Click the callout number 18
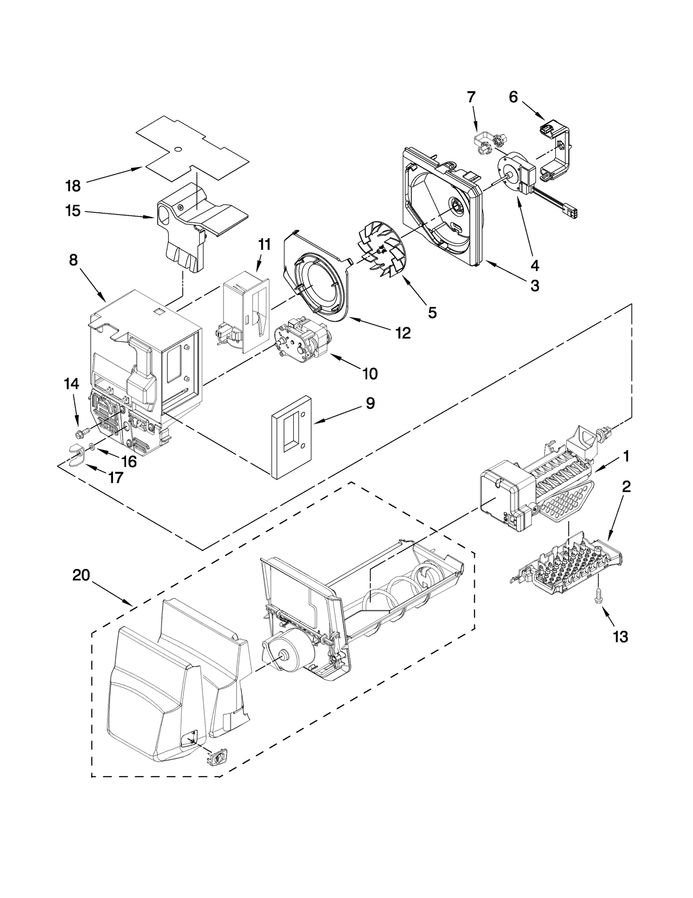pos(73,186)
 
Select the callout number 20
pos(81,575)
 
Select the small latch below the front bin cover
pos(217,759)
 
